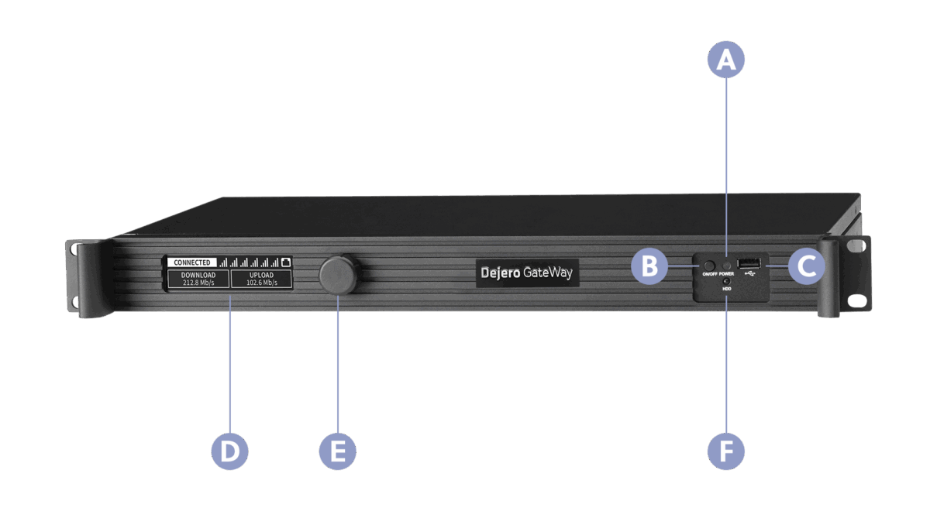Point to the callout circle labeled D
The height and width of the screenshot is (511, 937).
[230, 451]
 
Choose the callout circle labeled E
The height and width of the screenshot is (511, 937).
[338, 451]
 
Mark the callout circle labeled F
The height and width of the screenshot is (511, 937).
[726, 451]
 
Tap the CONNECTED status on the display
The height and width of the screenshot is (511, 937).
[191, 262]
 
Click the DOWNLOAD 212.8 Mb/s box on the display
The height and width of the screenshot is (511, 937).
[198, 279]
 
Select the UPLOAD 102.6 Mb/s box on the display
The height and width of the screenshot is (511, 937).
[261, 279]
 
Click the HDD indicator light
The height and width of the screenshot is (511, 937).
[726, 281]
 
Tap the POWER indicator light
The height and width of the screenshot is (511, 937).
[726, 265]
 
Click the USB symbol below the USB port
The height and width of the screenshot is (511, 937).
[749, 273]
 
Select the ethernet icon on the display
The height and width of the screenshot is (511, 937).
[285, 262]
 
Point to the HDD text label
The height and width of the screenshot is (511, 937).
[726, 289]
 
